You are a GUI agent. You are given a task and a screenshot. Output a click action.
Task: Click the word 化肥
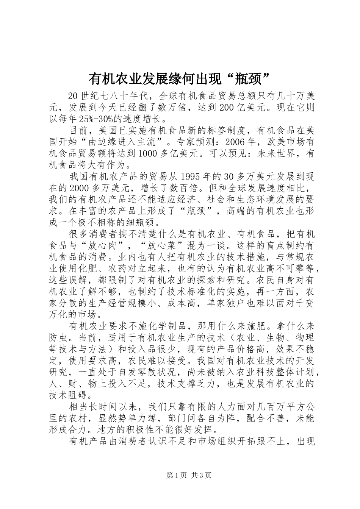(95, 269)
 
